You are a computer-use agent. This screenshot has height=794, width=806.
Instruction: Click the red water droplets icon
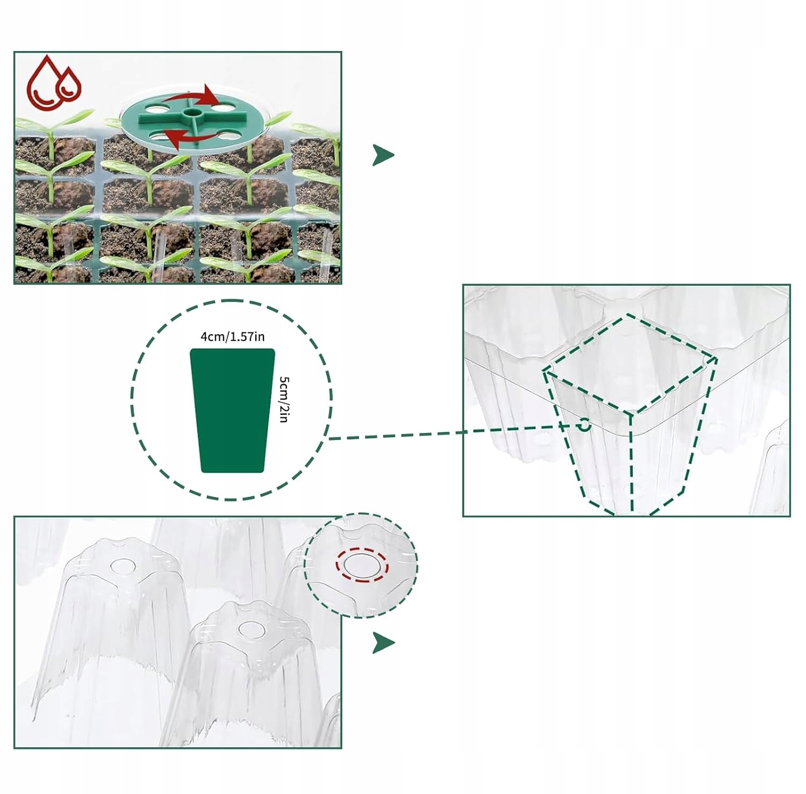pos(54,82)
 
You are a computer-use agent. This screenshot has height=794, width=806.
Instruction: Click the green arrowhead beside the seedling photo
pos(383,155)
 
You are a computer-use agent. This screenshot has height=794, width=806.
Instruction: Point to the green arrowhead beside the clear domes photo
pos(383,643)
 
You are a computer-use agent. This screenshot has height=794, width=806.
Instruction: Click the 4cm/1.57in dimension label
pos(232,337)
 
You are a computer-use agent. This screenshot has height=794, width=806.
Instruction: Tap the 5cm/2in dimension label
pos(284,399)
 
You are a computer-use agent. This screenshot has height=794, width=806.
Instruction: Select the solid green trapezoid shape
pos(232,411)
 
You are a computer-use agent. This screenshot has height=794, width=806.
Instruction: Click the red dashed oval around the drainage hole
pos(362,565)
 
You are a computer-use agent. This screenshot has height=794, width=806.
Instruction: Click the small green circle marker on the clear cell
pos(584,425)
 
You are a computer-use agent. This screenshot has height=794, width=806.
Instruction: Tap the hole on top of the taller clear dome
pos(123,566)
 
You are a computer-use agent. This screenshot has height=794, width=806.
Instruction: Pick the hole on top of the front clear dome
pos(250,629)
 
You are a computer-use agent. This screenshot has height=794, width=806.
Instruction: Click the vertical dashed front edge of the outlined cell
pos(631,462)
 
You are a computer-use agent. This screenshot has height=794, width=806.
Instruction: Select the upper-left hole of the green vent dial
pos(156,109)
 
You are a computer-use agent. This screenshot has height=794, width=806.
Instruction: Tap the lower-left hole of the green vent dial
pos(157,135)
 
